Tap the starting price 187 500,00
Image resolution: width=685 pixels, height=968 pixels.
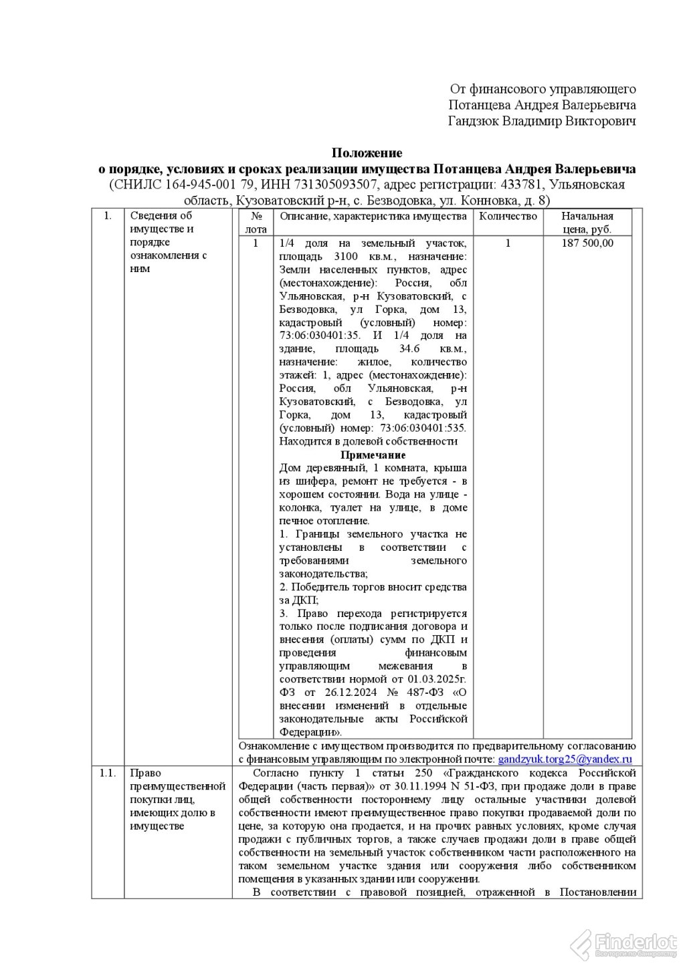click(x=587, y=243)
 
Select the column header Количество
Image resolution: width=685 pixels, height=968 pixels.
click(x=508, y=217)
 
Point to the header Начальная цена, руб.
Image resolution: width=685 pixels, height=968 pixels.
click(x=587, y=223)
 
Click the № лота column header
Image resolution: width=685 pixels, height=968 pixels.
click(x=255, y=223)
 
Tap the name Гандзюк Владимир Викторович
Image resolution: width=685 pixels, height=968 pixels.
click(x=542, y=121)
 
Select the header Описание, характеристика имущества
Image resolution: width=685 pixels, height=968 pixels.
click(x=373, y=217)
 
